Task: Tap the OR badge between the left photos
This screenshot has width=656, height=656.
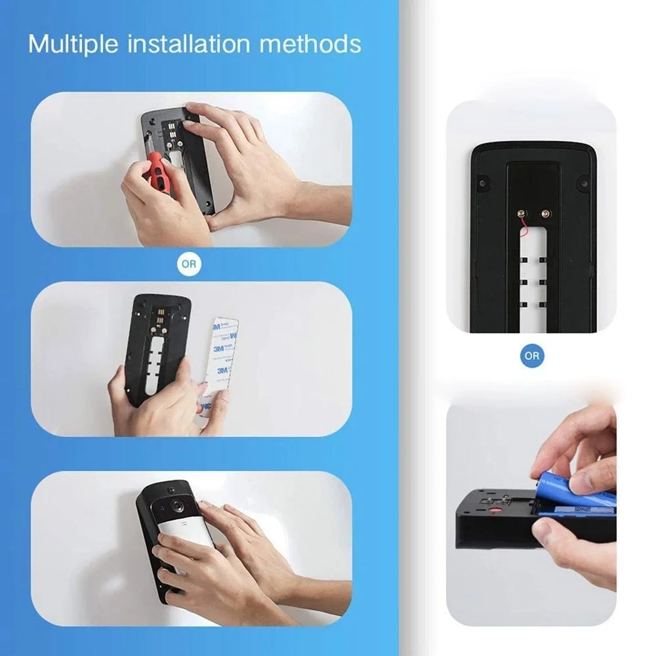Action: point(190,264)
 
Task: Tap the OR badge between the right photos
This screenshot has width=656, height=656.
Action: point(531,356)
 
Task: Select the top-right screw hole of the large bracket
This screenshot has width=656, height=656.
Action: point(581,178)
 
